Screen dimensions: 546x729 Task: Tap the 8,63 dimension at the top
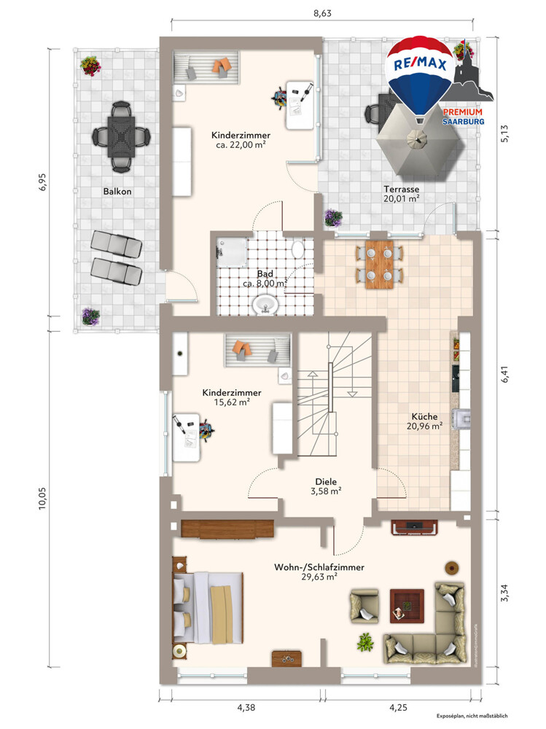[322, 13]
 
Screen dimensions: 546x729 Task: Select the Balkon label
[117, 192]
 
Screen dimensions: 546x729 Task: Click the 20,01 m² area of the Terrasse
[402, 198]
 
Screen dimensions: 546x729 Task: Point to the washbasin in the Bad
[265, 305]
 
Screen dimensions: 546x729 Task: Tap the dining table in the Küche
[380, 265]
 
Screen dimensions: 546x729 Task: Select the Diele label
[326, 482]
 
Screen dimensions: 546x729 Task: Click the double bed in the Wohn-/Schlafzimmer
[208, 607]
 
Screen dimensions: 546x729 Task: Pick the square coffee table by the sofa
[407, 606]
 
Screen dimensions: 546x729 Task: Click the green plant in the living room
[365, 642]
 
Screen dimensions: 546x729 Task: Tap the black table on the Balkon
[122, 137]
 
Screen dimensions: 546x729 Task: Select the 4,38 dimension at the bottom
[246, 708]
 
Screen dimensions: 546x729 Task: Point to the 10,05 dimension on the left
[42, 499]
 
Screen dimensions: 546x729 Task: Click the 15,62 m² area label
[232, 402]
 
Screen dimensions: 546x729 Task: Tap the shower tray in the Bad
[232, 253]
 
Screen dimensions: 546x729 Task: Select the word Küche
[424, 416]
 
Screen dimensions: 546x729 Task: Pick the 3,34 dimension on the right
[504, 592]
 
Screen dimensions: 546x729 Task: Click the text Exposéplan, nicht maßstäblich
[472, 716]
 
